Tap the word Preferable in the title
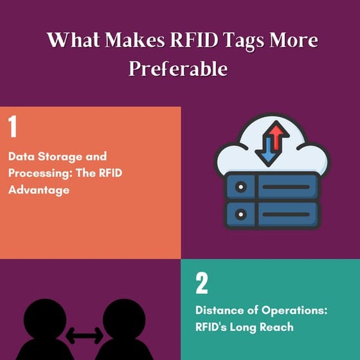click(178, 67)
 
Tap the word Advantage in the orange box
click(39, 190)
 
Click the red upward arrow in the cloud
click(276, 140)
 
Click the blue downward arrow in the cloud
click(264, 151)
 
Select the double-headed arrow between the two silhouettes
click(84, 334)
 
